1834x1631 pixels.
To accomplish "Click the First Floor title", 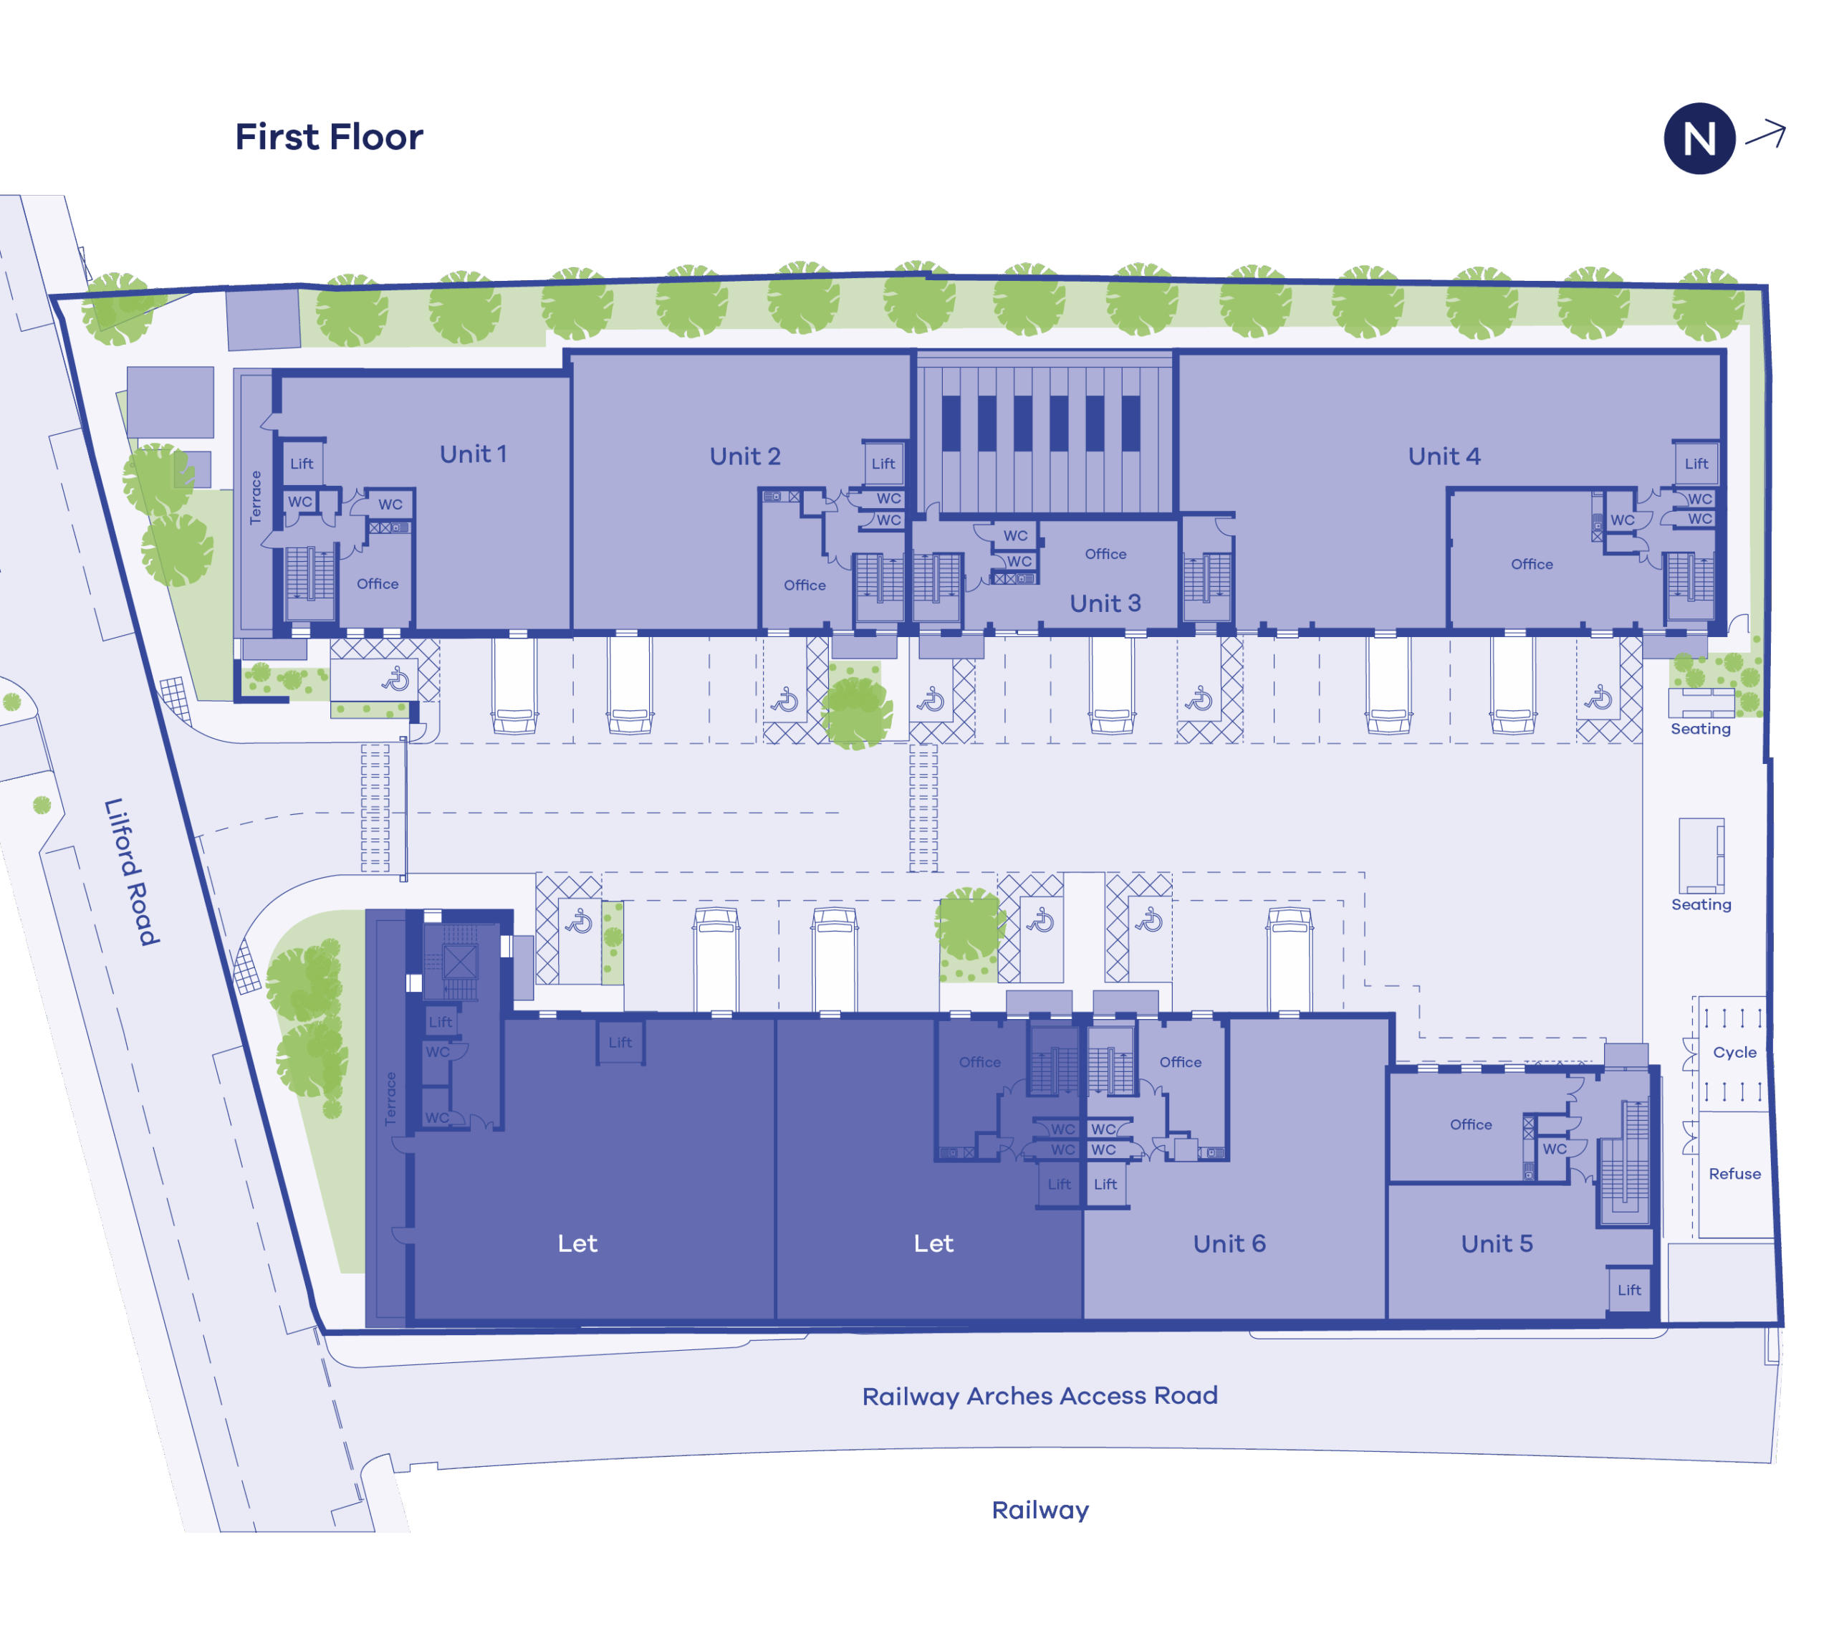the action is coord(328,138).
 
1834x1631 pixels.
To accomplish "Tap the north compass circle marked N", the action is coord(1699,138).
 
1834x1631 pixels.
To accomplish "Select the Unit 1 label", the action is coord(473,454).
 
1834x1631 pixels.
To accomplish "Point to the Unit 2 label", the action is coord(745,456).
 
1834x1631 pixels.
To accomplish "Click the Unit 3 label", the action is coord(1105,603).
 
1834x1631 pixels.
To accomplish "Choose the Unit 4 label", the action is coord(1444,456).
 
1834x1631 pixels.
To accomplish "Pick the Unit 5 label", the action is coord(1497,1243).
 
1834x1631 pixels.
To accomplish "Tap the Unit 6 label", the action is coord(1229,1243).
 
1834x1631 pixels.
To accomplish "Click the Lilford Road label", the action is coord(132,871).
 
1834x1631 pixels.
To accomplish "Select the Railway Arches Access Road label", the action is coord(1040,1396).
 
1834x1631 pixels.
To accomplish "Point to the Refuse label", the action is coord(1734,1174).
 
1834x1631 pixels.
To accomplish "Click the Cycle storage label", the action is coord(1734,1053).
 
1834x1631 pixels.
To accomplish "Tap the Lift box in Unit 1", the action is coord(302,463).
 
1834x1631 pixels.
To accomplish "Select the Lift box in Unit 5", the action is coord(1629,1290).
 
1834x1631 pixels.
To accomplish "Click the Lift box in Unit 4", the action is coord(1696,463).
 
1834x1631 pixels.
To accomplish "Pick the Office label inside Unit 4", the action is coord(1532,564).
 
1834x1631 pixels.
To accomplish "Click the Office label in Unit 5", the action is coord(1471,1124).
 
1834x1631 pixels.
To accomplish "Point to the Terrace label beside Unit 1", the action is coord(256,497).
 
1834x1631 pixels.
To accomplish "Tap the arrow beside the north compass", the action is coord(1766,135).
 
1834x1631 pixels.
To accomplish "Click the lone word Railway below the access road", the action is coord(1040,1511).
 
